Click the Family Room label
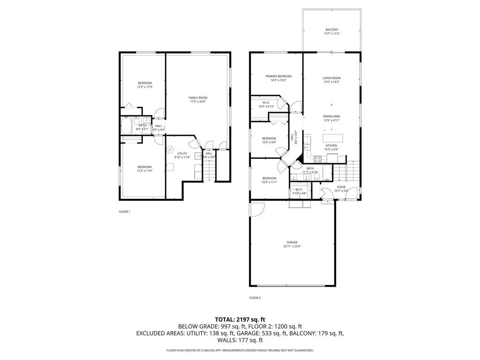coord(198,97)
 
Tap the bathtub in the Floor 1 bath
coord(127,126)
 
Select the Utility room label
coord(182,153)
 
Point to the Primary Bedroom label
coord(278,76)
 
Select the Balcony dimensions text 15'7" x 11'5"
coord(331,34)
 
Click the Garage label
coord(292,242)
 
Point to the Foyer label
coord(341,187)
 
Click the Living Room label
coord(331,78)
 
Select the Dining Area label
coord(331,116)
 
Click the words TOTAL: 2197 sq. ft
coord(240,319)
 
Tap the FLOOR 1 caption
coord(125,211)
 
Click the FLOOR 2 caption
coord(255,298)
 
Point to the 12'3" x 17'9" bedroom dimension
coord(144,87)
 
